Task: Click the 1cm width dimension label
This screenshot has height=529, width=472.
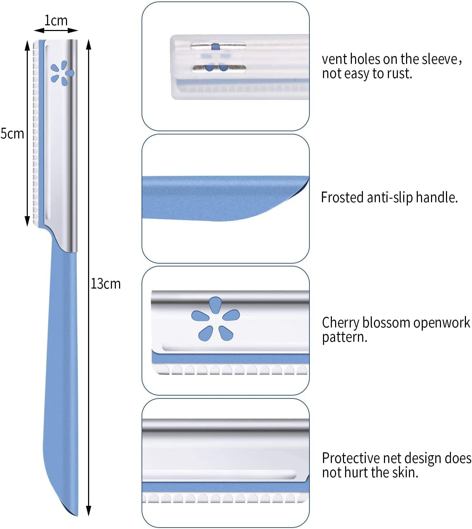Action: tap(56, 21)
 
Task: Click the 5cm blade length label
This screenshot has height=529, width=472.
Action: tap(12, 133)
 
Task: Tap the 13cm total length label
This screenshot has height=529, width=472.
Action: tap(106, 284)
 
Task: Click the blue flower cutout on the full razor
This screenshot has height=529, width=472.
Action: tap(62, 73)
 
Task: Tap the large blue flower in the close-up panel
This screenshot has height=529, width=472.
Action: tap(215, 319)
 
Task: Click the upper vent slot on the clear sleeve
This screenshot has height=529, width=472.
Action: tap(218, 46)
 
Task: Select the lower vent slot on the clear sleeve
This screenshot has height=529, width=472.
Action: tap(218, 67)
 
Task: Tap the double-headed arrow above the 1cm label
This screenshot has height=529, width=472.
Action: tap(56, 31)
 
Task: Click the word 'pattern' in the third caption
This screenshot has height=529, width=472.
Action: tap(344, 337)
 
